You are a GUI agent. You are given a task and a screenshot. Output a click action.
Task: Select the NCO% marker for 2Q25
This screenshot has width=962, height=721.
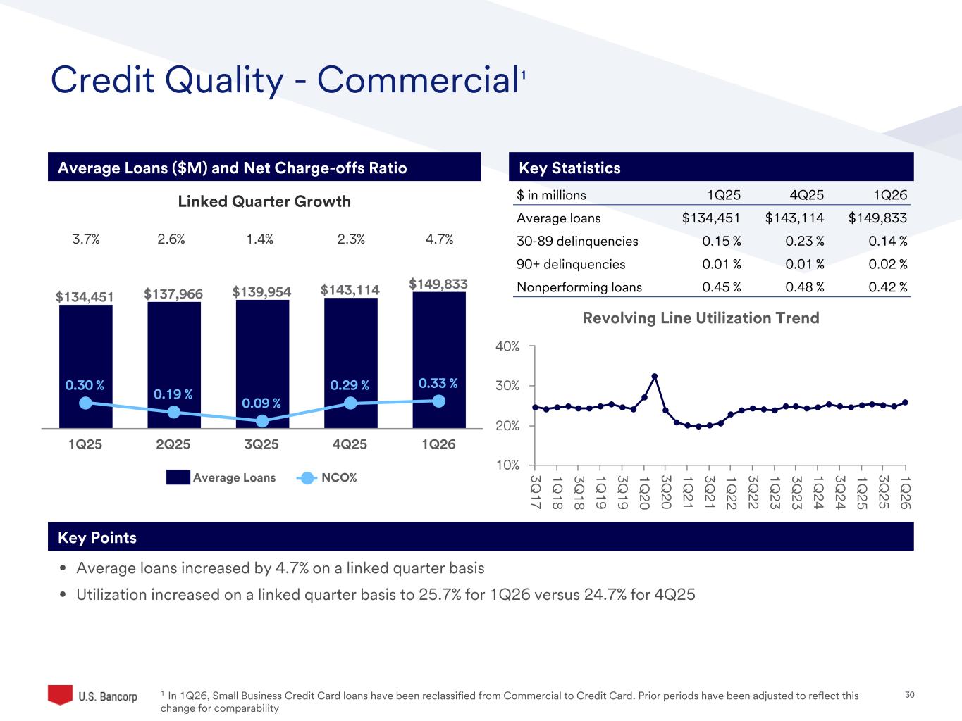click(173, 413)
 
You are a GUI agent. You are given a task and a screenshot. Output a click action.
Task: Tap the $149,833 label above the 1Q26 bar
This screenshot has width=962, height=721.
click(438, 284)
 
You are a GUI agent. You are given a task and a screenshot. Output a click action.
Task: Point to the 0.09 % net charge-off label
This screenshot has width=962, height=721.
click(261, 403)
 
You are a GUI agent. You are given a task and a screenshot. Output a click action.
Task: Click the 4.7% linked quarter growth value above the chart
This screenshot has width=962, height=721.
click(439, 239)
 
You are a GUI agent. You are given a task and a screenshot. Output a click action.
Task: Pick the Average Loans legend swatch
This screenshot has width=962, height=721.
click(178, 478)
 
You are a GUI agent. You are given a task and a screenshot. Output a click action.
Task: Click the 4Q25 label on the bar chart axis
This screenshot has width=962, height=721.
click(350, 445)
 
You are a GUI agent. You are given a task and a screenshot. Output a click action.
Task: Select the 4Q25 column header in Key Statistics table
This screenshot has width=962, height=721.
click(806, 196)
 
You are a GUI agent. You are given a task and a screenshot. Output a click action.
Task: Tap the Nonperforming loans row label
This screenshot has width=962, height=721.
click(579, 287)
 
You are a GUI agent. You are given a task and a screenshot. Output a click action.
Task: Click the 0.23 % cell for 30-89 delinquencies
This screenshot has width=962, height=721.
click(804, 242)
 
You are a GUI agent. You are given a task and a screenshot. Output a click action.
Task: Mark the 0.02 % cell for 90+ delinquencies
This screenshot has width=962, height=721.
click(887, 265)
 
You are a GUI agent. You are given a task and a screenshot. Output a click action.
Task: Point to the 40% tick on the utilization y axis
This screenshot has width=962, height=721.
click(507, 346)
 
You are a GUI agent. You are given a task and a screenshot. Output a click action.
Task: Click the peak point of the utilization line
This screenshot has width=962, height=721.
click(655, 376)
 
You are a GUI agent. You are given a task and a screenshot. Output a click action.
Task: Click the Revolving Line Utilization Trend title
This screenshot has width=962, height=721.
click(701, 318)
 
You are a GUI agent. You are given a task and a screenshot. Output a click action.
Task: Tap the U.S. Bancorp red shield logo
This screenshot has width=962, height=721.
click(60, 694)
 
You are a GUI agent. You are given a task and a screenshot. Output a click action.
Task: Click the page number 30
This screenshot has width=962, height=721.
click(909, 696)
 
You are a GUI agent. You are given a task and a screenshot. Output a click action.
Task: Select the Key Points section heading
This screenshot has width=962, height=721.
click(97, 538)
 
